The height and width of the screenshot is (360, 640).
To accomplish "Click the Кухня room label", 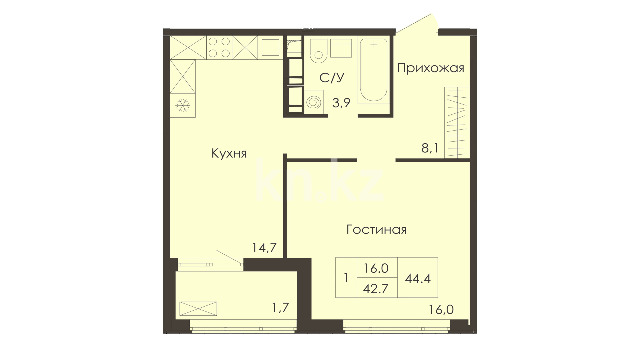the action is (x=229, y=154).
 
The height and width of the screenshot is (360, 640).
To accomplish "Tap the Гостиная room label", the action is (x=376, y=230).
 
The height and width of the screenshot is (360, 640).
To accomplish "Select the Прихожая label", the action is (x=431, y=68).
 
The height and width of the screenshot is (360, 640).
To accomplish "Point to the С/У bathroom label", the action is (x=332, y=78).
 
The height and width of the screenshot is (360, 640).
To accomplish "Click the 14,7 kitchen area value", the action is (x=264, y=248).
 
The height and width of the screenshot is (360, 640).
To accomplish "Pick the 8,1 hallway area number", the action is (x=430, y=148).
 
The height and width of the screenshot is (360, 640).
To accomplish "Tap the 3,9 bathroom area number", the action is (x=341, y=103).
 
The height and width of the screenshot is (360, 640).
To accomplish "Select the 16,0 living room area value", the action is (x=441, y=310).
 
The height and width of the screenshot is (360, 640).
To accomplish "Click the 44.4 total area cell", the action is (x=418, y=278).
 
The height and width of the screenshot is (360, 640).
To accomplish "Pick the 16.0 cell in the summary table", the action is (x=376, y=268).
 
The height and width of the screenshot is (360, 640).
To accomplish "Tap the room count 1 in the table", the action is (x=346, y=278).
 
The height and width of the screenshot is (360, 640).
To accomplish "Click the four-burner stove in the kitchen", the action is (x=219, y=47).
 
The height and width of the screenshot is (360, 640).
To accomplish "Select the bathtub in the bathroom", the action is (x=374, y=70).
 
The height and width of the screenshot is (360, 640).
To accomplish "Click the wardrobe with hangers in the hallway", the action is (x=457, y=122).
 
